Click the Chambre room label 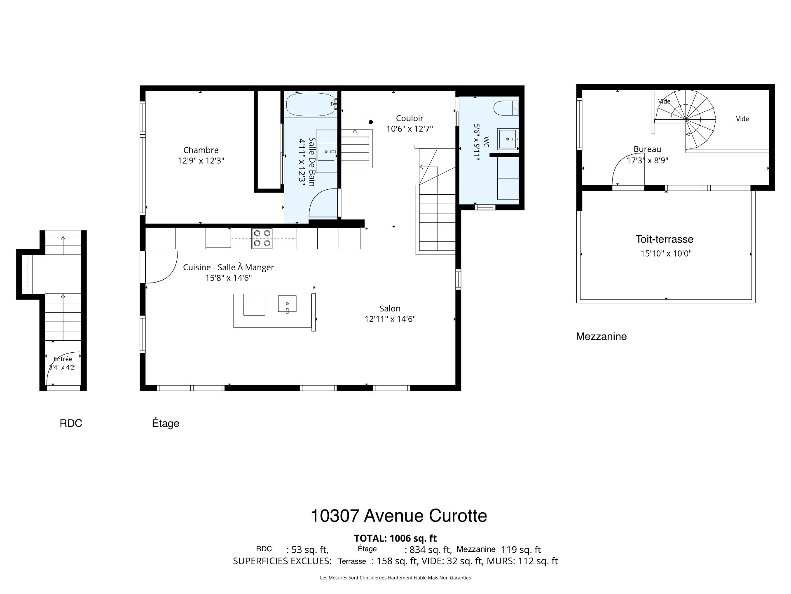coord(201,150)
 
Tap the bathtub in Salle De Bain coord(311,105)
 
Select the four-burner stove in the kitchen coord(262,238)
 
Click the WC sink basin coord(508,139)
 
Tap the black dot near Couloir coord(371,122)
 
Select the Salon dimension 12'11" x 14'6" coord(390,319)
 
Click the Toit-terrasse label coord(664,239)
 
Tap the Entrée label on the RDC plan coord(63,359)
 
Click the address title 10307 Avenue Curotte coord(399,516)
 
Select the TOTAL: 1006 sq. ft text coord(395,538)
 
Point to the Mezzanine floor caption coord(601,337)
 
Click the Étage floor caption coord(166,423)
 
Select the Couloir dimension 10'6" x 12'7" coord(410,129)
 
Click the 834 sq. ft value coord(430,550)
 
